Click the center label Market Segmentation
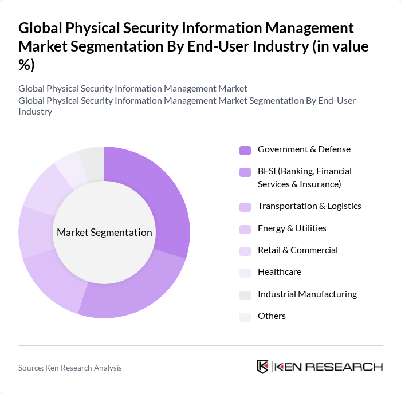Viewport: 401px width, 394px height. [x=104, y=233]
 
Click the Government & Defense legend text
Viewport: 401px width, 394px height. [x=304, y=149]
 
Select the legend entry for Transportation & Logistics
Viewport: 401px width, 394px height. [x=309, y=206]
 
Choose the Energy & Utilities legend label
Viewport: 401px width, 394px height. [x=292, y=228]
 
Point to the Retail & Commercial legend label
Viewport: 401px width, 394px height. [x=297, y=250]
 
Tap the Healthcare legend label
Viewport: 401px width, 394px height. [x=279, y=272]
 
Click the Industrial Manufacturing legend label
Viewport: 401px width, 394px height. [x=307, y=294]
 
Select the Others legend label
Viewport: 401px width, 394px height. [x=272, y=316]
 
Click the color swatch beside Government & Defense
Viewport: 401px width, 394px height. [x=245, y=151]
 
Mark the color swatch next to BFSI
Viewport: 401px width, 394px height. [x=245, y=172]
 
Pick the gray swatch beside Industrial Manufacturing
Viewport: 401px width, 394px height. [x=245, y=295]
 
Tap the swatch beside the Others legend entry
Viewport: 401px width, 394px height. [x=245, y=317]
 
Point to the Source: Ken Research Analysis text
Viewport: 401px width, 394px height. [x=70, y=368]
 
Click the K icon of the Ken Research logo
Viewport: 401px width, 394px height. [x=263, y=367]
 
